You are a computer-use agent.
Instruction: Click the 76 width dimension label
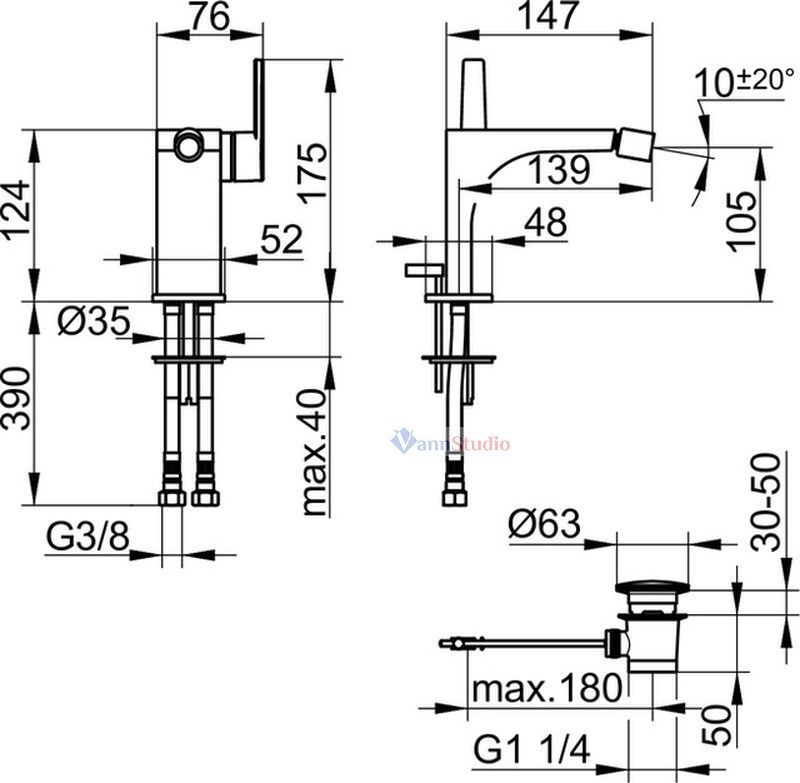(210, 16)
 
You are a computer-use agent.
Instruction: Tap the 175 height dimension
(312, 173)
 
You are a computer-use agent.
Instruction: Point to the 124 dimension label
(16, 209)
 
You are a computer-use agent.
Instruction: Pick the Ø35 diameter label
(94, 322)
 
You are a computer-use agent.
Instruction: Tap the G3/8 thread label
(88, 537)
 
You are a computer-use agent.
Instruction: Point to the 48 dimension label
(545, 221)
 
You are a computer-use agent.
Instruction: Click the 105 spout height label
(740, 220)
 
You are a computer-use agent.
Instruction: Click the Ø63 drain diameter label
(544, 523)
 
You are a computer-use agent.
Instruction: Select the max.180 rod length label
(547, 688)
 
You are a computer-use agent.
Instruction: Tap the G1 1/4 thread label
(532, 749)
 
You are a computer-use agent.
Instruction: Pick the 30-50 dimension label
(766, 503)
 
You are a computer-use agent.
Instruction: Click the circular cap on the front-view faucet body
(188, 142)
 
